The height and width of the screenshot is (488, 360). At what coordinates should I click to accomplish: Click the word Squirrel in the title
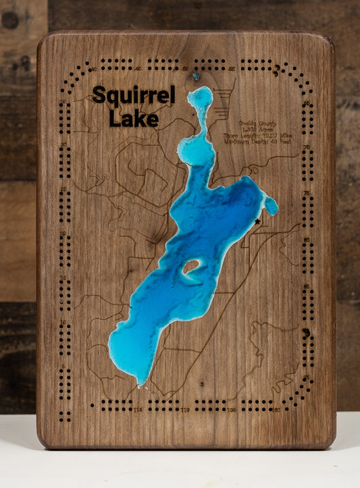(133, 96)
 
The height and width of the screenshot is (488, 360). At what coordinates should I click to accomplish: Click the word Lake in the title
(134, 119)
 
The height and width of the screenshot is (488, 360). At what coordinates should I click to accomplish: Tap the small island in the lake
(191, 267)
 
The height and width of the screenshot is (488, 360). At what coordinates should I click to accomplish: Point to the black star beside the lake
(257, 221)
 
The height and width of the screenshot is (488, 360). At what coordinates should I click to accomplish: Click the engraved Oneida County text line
(258, 124)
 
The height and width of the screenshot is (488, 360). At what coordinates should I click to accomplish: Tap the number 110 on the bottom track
(185, 410)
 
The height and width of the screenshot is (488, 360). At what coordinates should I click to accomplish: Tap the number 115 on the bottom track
(138, 410)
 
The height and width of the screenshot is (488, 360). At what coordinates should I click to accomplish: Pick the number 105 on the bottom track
(232, 410)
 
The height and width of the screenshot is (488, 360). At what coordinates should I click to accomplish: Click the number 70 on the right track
(306, 146)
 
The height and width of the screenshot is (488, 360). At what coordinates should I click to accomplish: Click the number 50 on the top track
(185, 69)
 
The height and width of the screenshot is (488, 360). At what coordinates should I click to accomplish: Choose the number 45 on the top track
(138, 69)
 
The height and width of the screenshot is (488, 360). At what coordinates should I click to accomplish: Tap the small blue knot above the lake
(196, 76)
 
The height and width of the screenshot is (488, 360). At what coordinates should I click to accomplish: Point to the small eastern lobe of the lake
(271, 206)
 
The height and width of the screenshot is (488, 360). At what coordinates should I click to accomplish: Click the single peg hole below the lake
(201, 384)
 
